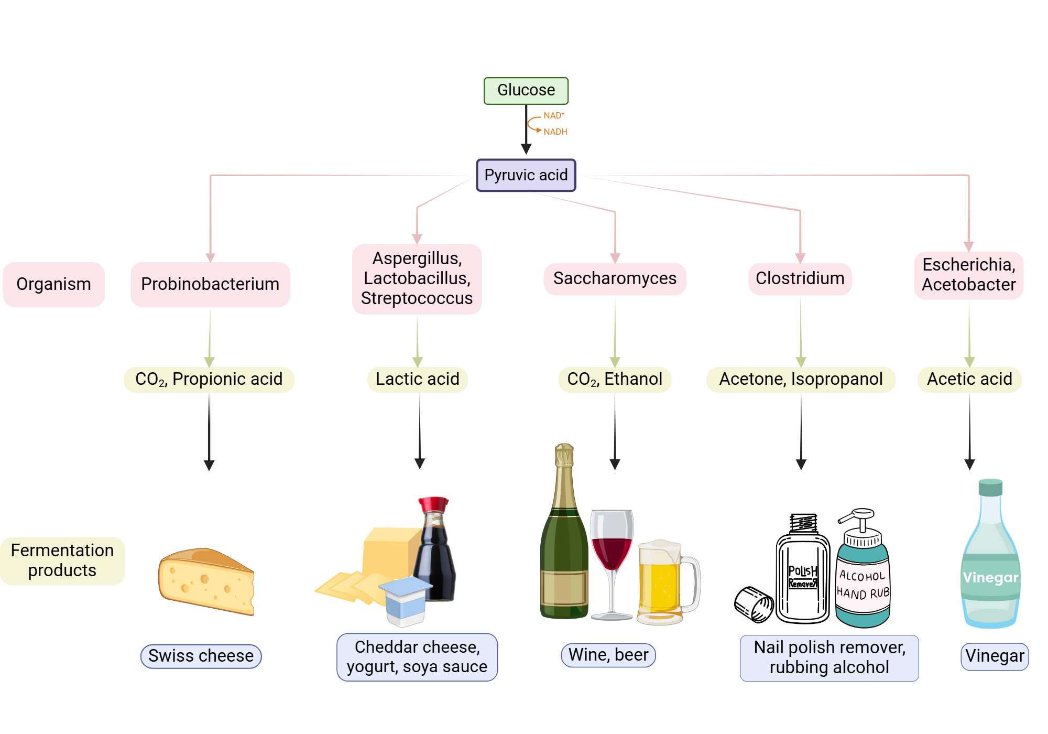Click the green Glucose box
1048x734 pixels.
click(526, 91)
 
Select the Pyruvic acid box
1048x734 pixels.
click(526, 175)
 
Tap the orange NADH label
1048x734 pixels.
click(555, 132)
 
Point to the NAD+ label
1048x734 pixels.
click(553, 115)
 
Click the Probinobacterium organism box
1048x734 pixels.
click(210, 284)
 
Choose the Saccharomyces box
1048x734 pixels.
click(615, 278)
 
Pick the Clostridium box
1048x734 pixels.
click(800, 278)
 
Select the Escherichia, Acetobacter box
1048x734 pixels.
click(968, 275)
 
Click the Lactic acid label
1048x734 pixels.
click(417, 379)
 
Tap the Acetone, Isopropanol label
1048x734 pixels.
click(800, 379)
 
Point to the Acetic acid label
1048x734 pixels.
click(969, 379)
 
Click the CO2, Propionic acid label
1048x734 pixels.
click(209, 379)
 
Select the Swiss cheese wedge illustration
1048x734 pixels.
click(206, 582)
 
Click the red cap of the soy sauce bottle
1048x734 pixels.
click(433, 504)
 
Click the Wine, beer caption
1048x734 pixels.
click(608, 655)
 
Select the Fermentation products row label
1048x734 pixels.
click(62, 560)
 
